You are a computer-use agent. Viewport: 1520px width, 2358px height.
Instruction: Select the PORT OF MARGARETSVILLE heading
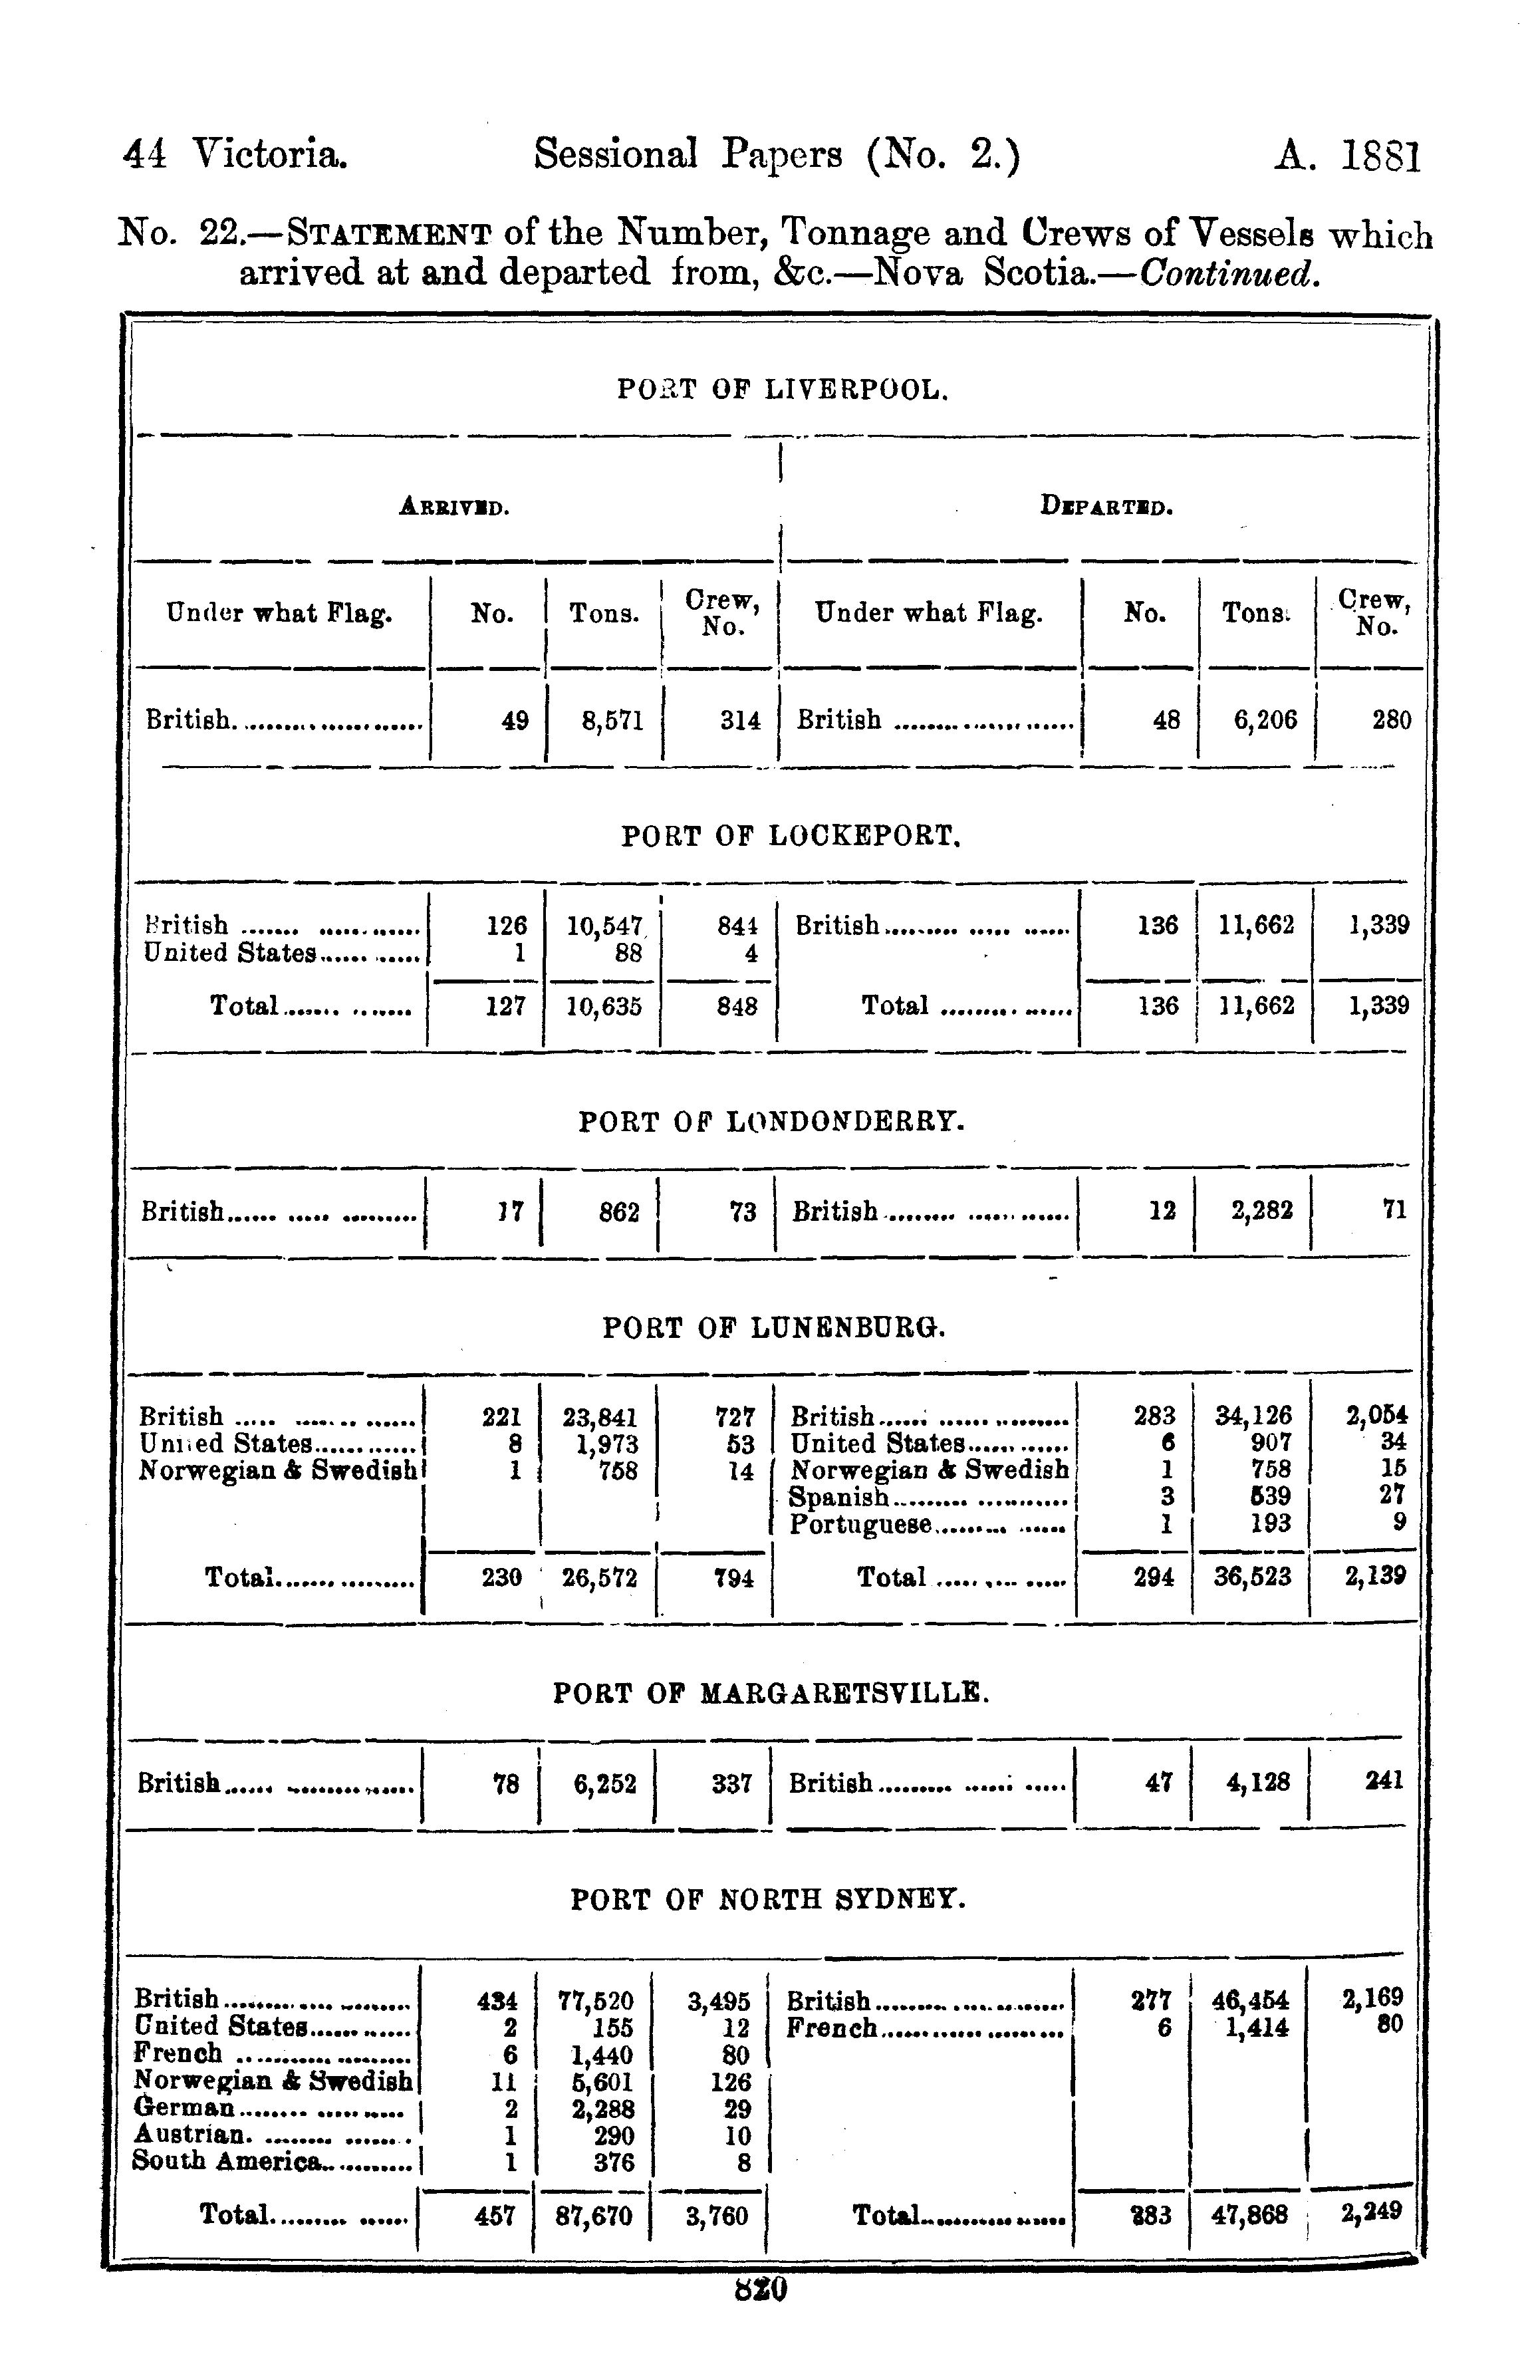(x=771, y=1693)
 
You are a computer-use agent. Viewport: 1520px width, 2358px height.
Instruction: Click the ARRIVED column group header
(x=454, y=508)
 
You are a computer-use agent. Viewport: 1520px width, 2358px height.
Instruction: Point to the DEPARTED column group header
(x=1106, y=507)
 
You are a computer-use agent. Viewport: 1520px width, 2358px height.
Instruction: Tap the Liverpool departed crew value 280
(x=1391, y=721)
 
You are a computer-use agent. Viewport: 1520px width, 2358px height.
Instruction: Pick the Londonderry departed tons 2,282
(x=1261, y=1210)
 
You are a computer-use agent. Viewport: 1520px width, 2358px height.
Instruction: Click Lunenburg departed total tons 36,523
(x=1253, y=1576)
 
